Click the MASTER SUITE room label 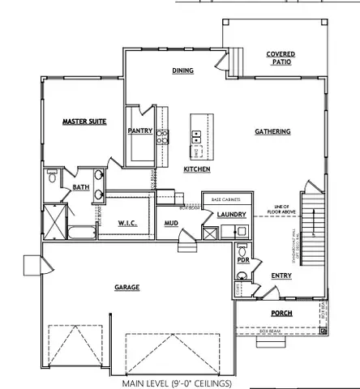click(x=85, y=122)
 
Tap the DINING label click(x=182, y=71)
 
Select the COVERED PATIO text click(x=281, y=58)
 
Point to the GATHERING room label click(x=274, y=130)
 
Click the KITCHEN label click(x=197, y=169)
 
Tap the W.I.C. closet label click(x=127, y=223)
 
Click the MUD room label click(x=171, y=223)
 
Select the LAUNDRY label click(x=231, y=215)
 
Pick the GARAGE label click(x=126, y=287)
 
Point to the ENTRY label click(x=281, y=276)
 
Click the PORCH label click(x=281, y=313)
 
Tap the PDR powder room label click(x=242, y=260)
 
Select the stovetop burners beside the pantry click(x=161, y=135)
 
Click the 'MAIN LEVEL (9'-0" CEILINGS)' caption click(x=177, y=382)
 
